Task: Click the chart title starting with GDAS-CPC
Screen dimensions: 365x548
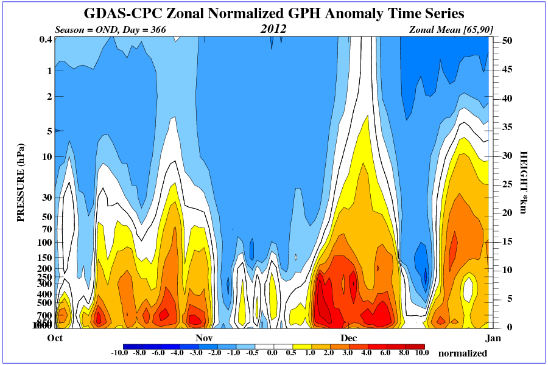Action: tap(273, 13)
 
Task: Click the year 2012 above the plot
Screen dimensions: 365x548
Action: tap(273, 29)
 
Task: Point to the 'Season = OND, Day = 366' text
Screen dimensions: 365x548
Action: tap(110, 29)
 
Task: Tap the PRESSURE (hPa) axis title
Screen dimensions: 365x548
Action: tap(21, 182)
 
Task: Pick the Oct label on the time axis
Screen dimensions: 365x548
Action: tap(55, 337)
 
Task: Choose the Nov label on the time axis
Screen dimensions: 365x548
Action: tap(203, 337)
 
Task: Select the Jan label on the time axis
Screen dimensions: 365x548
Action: tap(491, 337)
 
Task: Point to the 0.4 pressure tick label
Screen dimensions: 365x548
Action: tap(44, 40)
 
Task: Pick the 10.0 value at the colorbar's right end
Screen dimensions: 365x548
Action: tap(421, 353)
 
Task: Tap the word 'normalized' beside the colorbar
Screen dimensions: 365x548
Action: tap(463, 353)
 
